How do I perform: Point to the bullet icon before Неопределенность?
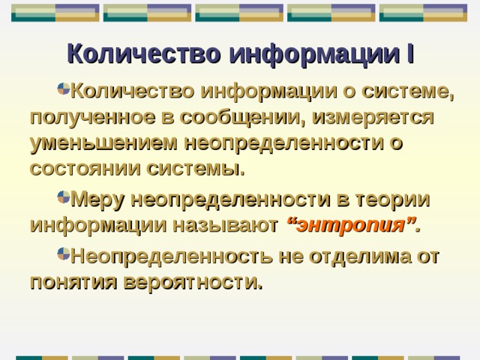63,256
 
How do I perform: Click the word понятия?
69,282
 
